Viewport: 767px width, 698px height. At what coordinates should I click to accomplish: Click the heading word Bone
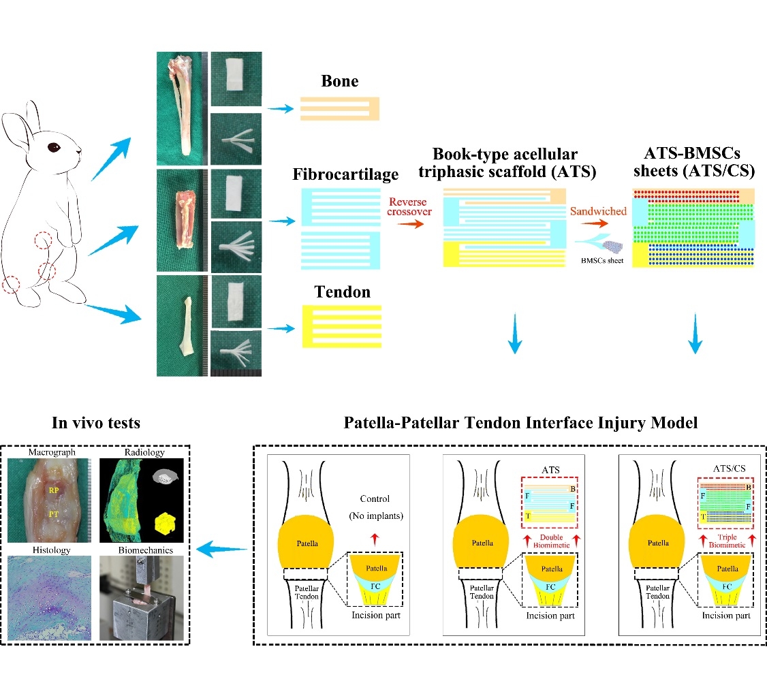point(340,82)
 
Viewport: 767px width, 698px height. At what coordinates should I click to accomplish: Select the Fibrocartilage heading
point(345,175)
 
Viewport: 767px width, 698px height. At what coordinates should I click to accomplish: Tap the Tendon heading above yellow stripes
point(343,293)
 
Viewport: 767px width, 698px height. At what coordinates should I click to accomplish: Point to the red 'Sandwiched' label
point(599,211)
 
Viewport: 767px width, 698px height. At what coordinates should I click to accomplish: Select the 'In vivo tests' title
point(96,423)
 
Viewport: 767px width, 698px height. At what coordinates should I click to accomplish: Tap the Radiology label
point(144,452)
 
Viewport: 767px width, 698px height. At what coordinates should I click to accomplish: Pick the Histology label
point(48,550)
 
